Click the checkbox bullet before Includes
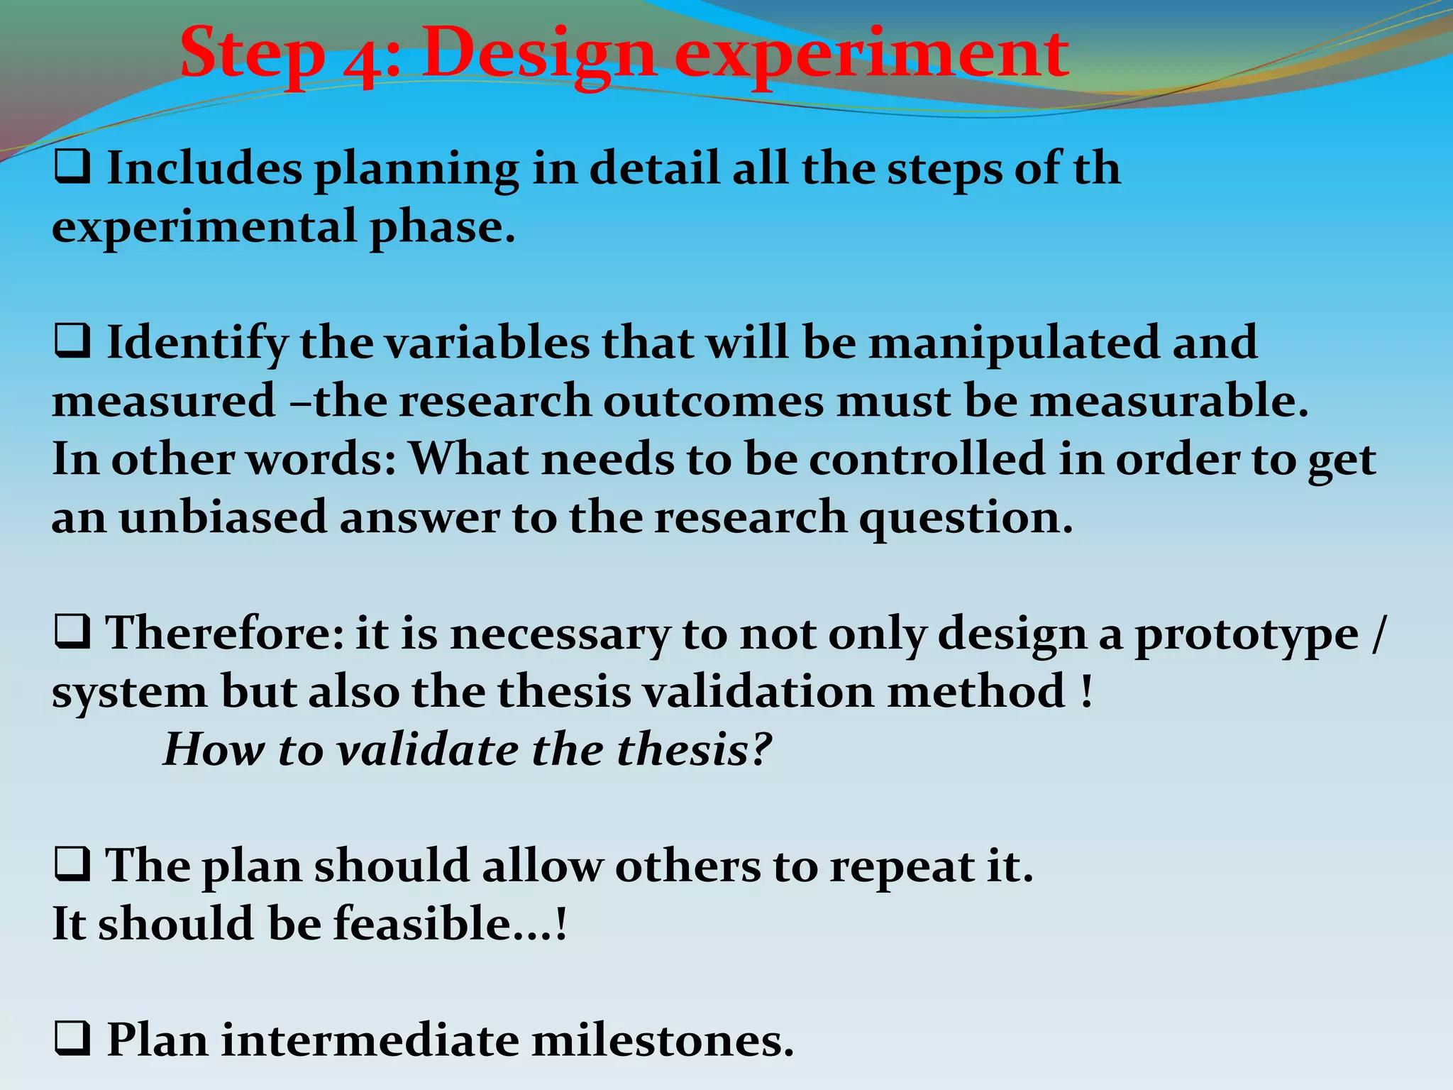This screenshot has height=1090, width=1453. (72, 169)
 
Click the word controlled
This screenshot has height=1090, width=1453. (927, 458)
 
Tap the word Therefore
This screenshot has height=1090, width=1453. (223, 632)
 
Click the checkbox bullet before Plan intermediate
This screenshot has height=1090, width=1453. (72, 1040)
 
